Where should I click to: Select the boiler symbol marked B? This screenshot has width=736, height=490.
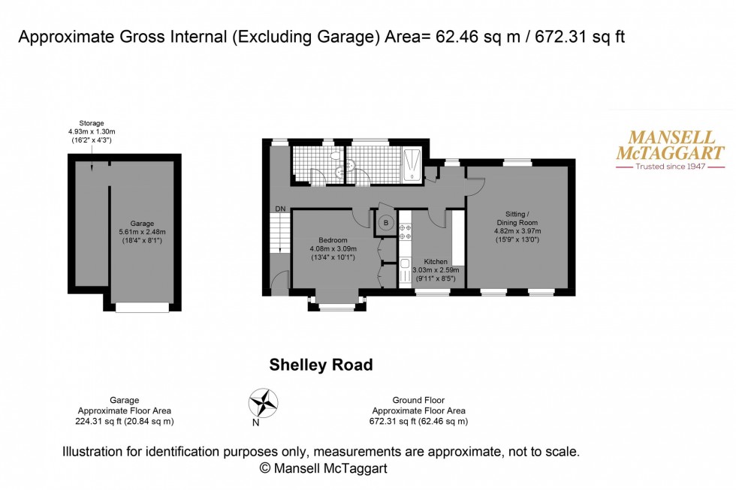387,222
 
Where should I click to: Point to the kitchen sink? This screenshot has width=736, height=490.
405,269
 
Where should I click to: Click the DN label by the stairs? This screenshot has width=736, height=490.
279,209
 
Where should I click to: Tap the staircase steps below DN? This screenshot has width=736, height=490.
279,233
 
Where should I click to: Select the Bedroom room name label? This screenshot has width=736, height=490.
333,240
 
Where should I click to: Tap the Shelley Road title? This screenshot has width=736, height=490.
321,365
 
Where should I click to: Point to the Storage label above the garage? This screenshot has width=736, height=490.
92,123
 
